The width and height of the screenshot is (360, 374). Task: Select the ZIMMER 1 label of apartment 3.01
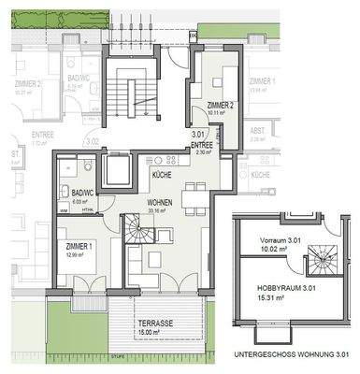(x=79, y=245)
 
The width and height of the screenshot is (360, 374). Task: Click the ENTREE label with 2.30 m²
(x=201, y=145)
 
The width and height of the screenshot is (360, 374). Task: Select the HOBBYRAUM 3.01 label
(x=280, y=291)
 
